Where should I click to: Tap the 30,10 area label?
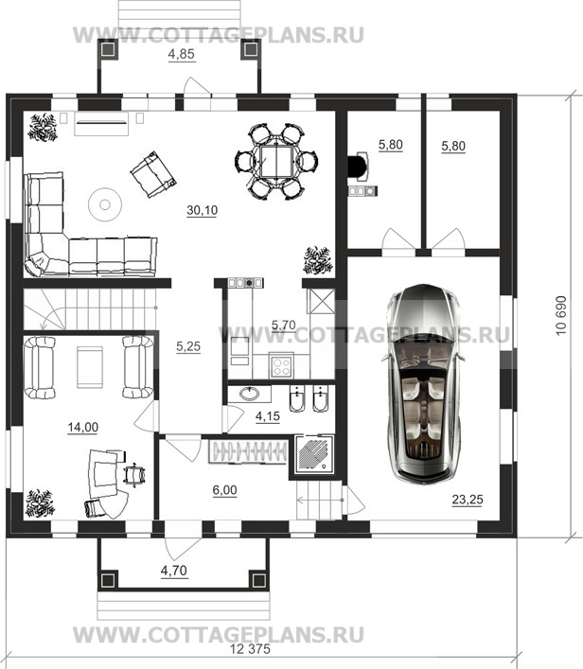coord(202,210)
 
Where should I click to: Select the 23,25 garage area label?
coord(468,500)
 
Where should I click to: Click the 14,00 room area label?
coord(82,427)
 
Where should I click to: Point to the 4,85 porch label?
coord(182,54)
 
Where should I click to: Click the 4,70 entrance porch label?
coord(174,570)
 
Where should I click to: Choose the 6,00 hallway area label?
coord(224,490)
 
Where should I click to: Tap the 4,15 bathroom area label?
coord(268,416)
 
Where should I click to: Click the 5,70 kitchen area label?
coord(283,326)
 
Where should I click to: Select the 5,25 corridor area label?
coord(188,347)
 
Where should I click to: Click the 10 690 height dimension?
coord(561,316)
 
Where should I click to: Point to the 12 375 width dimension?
coord(250,649)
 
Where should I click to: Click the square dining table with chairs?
coord(276,162)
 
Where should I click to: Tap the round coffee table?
coord(105,204)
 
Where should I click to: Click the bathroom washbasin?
coord(250,394)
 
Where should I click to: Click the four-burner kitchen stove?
coord(282,366)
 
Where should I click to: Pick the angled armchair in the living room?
coord(152,174)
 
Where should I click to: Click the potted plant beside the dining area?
coord(318,260)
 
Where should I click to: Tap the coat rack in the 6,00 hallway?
coord(248,451)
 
